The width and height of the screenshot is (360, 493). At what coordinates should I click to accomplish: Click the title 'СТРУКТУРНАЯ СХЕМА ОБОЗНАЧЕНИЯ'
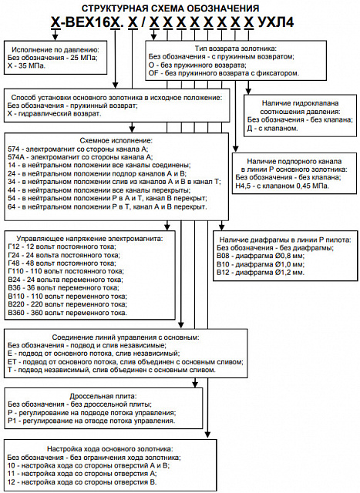click(x=170, y=8)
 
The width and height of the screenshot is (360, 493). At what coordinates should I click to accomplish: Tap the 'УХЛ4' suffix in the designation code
click(x=276, y=23)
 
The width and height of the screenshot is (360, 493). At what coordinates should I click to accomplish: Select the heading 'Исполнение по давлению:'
click(x=56, y=49)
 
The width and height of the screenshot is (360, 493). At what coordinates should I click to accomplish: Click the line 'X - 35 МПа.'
click(x=26, y=66)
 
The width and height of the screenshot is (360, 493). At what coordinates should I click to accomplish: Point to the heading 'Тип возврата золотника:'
click(x=235, y=49)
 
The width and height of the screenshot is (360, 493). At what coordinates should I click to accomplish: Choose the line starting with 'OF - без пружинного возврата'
click(x=224, y=73)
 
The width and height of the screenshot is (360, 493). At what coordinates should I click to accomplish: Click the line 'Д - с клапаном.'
click(x=272, y=129)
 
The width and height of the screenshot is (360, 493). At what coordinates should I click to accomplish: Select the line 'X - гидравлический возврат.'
click(x=54, y=113)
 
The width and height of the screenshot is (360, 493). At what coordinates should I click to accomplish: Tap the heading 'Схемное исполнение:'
click(x=116, y=140)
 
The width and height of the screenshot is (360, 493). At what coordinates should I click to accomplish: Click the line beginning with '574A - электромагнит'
click(x=80, y=157)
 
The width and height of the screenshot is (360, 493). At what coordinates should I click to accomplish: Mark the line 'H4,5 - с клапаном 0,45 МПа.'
click(x=282, y=186)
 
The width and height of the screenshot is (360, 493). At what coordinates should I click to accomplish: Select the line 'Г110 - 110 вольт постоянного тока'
click(x=66, y=271)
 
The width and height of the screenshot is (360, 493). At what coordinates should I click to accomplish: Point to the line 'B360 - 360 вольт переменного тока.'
click(x=67, y=313)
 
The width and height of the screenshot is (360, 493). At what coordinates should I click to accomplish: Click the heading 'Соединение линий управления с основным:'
click(x=126, y=337)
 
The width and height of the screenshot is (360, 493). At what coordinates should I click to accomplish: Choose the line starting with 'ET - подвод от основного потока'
click(x=126, y=362)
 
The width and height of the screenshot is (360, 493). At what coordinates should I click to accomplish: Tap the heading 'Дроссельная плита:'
click(x=103, y=396)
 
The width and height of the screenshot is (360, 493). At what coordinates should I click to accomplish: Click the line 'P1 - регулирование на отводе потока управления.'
click(x=91, y=421)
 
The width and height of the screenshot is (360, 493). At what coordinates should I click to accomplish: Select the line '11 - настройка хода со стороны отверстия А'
click(x=82, y=474)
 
